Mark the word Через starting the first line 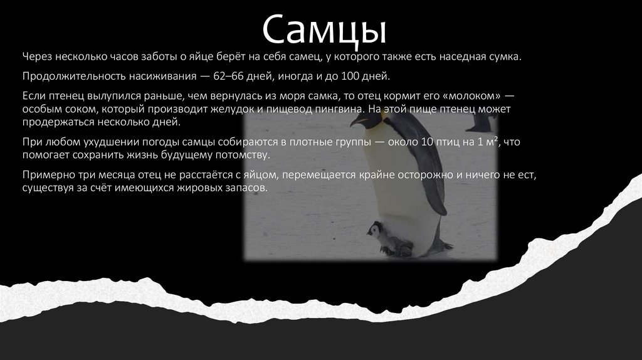pyautogui.click(x=36, y=57)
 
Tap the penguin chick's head pyautogui.click(x=374, y=230)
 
